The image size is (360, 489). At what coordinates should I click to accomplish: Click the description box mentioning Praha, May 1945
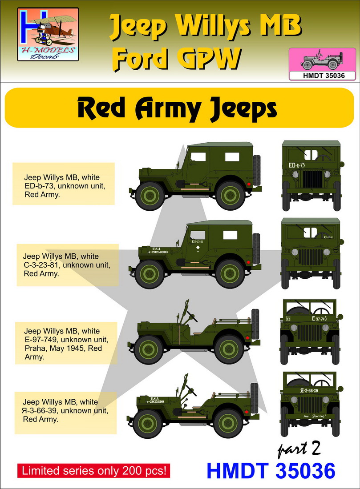[x=66, y=343]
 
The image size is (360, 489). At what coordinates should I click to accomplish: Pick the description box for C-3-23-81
[x=68, y=265]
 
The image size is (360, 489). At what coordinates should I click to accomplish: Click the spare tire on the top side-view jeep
[x=257, y=169]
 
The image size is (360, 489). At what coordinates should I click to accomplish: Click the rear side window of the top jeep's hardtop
[x=232, y=156]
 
